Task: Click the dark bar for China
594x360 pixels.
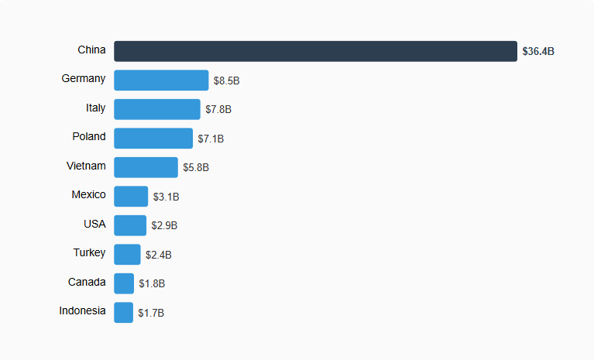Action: [315, 51]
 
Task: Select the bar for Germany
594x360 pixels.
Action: [161, 81]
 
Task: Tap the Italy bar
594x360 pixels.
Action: [157, 109]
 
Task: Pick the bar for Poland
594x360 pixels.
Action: [153, 139]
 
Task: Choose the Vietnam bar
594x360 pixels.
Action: [146, 167]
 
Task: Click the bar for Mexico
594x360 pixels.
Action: [131, 197]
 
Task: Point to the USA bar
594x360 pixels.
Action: [130, 225]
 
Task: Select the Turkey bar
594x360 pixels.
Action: [127, 255]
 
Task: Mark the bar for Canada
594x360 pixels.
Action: [124, 283]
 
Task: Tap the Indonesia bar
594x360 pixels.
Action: [124, 313]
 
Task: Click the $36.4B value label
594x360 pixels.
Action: [538, 52]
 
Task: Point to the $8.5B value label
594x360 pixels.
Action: [227, 81]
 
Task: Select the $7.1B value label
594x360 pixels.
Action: [211, 139]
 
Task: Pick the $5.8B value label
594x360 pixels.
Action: [196, 167]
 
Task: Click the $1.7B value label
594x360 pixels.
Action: [151, 313]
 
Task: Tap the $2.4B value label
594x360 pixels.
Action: [159, 255]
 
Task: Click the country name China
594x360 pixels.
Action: [91, 50]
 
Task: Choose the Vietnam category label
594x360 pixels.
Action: [86, 166]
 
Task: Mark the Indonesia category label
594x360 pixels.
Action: [82, 310]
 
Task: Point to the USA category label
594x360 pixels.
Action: [94, 224]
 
